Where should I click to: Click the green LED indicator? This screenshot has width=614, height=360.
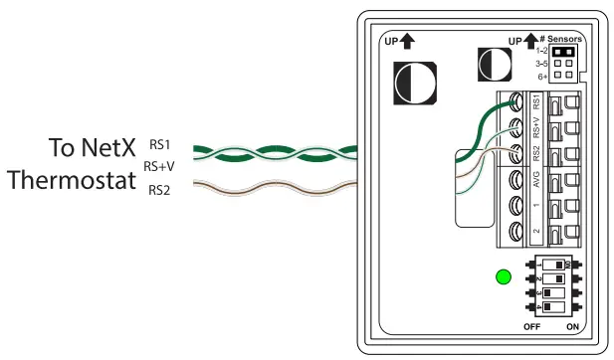504,276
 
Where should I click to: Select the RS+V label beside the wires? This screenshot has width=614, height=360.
159,166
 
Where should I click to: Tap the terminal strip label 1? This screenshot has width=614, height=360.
536,207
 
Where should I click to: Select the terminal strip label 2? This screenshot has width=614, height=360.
536,233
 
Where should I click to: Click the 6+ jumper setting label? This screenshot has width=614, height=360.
542,75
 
